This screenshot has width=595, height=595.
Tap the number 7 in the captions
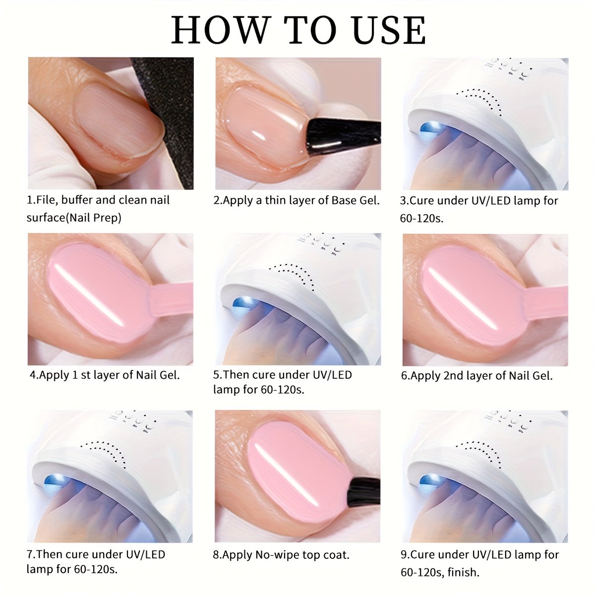point(29,554)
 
